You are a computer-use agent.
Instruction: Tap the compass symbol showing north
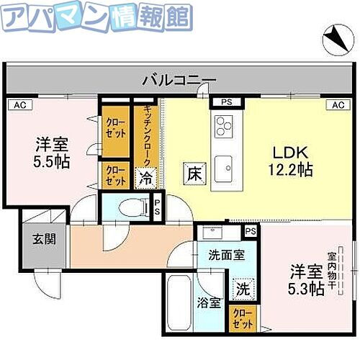tap(333, 38)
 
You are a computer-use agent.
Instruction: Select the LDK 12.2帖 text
tap(291, 161)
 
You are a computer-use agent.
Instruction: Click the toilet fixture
tap(130, 207)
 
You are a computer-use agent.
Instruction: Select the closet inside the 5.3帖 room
tap(243, 318)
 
